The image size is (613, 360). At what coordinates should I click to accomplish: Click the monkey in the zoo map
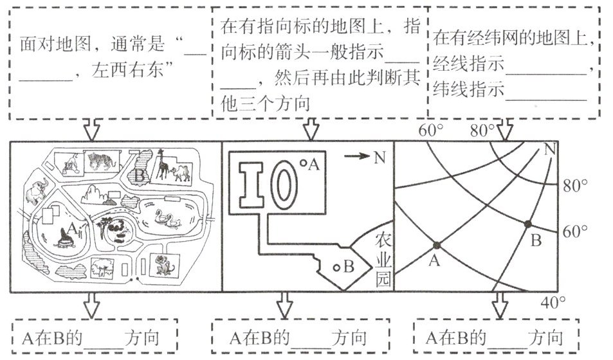point(165,264)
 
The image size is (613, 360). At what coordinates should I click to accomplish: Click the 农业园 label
point(383,260)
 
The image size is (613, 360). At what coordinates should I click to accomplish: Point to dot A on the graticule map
point(437,245)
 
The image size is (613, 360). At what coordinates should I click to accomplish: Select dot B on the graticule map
point(528,224)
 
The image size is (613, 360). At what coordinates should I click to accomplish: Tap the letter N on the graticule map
point(549,150)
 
